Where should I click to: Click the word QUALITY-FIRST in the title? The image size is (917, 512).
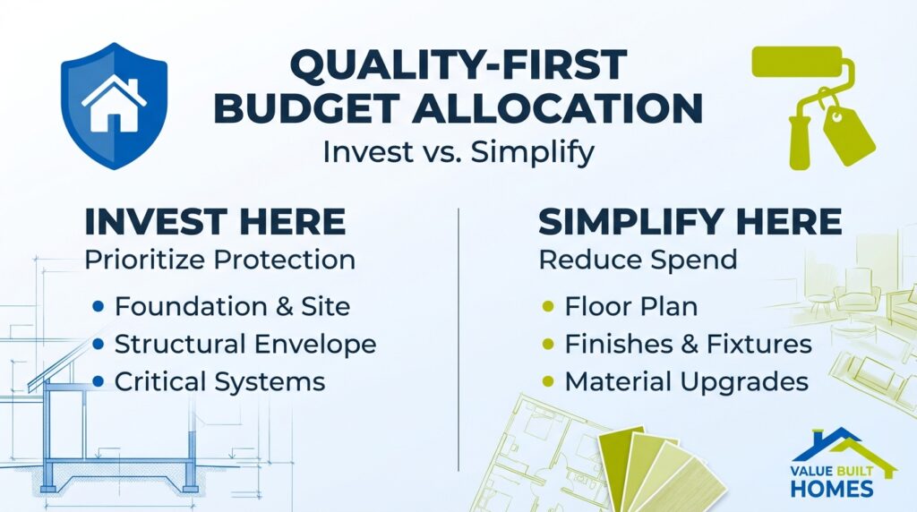click(458, 67)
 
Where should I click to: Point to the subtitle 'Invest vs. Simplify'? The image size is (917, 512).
click(458, 151)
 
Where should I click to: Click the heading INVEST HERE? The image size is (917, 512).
click(214, 221)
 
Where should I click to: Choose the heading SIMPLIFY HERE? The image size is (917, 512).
click(690, 221)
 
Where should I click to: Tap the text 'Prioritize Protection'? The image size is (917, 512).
click(219, 260)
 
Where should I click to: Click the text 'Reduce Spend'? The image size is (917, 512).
click(638, 260)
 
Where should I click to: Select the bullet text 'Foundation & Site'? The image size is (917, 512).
click(232, 306)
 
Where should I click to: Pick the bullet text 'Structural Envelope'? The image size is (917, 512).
click(245, 344)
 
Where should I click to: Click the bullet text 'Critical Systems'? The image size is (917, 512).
click(219, 382)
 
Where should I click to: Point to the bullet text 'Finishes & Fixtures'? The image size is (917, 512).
click(688, 344)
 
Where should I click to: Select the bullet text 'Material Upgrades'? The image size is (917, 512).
click(686, 382)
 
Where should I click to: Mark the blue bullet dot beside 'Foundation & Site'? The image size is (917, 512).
click(99, 307)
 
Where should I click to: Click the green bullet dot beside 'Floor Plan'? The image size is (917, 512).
click(548, 307)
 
